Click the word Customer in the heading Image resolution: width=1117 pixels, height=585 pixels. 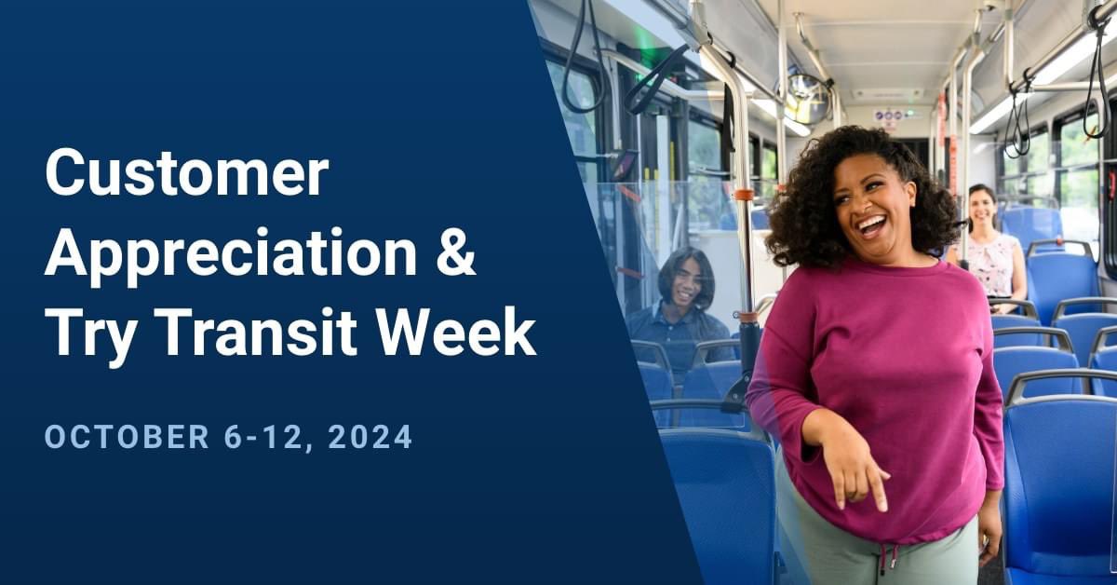tap(186, 174)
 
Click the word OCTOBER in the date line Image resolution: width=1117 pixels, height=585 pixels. tap(127, 437)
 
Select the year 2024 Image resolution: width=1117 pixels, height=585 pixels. tap(370, 437)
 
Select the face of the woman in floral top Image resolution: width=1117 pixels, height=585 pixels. tap(983, 209)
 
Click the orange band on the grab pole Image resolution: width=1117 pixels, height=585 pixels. tap(744, 195)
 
